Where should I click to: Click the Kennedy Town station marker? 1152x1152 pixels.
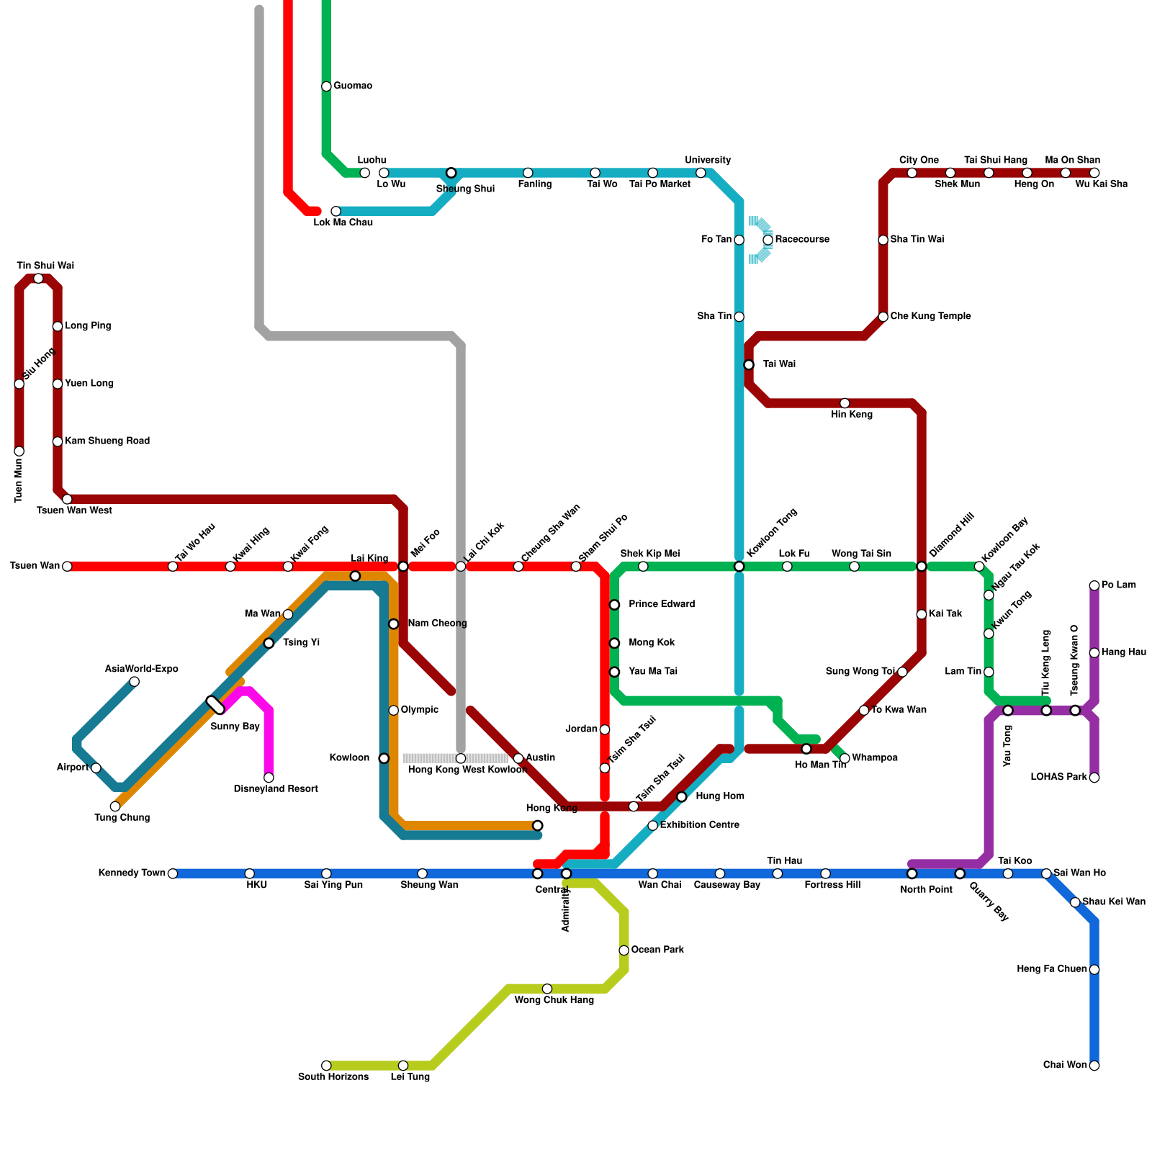173,873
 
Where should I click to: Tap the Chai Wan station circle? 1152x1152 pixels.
1094,1066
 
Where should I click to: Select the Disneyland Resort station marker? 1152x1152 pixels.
269,778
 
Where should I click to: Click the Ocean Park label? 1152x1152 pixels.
657,950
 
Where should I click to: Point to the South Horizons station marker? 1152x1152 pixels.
326,1066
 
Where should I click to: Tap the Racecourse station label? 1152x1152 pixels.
802,240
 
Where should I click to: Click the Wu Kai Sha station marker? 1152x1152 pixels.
1094,173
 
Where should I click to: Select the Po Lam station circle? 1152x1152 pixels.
1094,585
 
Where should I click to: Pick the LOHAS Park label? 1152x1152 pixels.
1058,778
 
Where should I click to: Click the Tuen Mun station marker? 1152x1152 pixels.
19,451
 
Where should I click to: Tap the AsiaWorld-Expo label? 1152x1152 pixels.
141,670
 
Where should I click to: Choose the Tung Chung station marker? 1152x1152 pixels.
115,806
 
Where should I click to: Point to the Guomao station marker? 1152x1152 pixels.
326,86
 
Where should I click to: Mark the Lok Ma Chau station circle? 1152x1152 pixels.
336,211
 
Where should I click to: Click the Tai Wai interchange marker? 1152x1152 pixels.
749,365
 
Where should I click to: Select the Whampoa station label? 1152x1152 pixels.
874,758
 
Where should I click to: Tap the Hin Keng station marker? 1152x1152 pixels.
845,403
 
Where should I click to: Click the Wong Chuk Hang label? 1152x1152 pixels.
554,1000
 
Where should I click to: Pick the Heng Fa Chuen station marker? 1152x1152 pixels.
1094,970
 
